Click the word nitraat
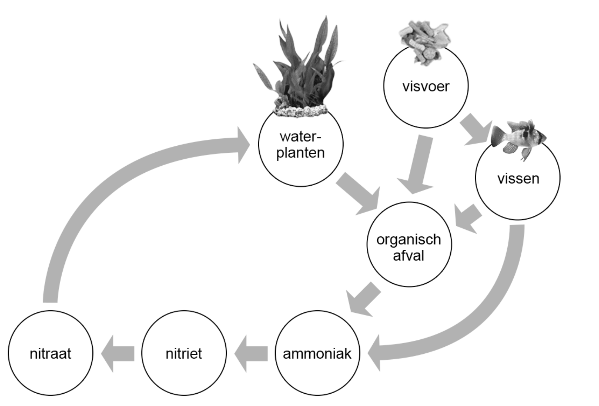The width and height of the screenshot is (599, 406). pos(50,353)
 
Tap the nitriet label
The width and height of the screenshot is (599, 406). pos(183,353)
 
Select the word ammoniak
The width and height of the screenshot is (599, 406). pos(317,354)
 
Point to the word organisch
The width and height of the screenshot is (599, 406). pos(409,240)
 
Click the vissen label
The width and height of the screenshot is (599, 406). pos(518,179)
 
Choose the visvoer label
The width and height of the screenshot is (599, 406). pos(426,86)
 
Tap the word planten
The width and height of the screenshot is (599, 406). pos(300,153)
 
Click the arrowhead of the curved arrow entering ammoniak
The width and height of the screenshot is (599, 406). pos(375,353)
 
